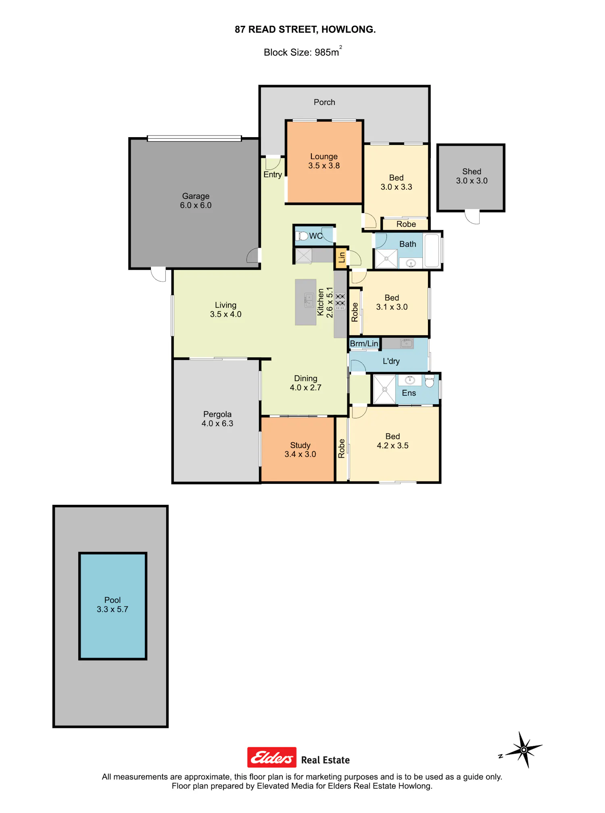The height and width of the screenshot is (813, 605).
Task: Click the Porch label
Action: [x=324, y=102]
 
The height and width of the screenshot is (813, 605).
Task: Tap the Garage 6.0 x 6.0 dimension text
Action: [x=196, y=205]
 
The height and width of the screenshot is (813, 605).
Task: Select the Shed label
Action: [x=471, y=171]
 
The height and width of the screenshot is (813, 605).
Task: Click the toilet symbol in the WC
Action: [x=302, y=236]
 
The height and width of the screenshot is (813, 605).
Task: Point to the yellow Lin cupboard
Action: [x=341, y=258]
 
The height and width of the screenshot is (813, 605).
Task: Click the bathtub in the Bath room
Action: [x=432, y=250]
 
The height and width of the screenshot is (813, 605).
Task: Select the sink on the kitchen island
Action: [x=309, y=300]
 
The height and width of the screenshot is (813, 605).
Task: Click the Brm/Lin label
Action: [x=364, y=343]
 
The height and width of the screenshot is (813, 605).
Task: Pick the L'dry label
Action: [x=391, y=361]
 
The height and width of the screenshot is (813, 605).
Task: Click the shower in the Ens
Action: [x=384, y=389]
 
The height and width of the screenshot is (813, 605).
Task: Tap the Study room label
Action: [x=300, y=445]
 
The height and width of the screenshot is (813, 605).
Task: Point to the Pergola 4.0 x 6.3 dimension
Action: [x=217, y=424]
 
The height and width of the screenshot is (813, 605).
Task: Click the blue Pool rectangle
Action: [x=113, y=606]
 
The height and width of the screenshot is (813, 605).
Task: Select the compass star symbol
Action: [x=524, y=750]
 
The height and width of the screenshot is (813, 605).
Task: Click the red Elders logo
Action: [x=272, y=757]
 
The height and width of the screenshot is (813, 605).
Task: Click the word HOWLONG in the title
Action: [x=348, y=29]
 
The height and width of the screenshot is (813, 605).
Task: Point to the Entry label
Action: [x=273, y=175]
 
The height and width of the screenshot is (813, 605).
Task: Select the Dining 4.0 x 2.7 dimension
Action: [x=306, y=388]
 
